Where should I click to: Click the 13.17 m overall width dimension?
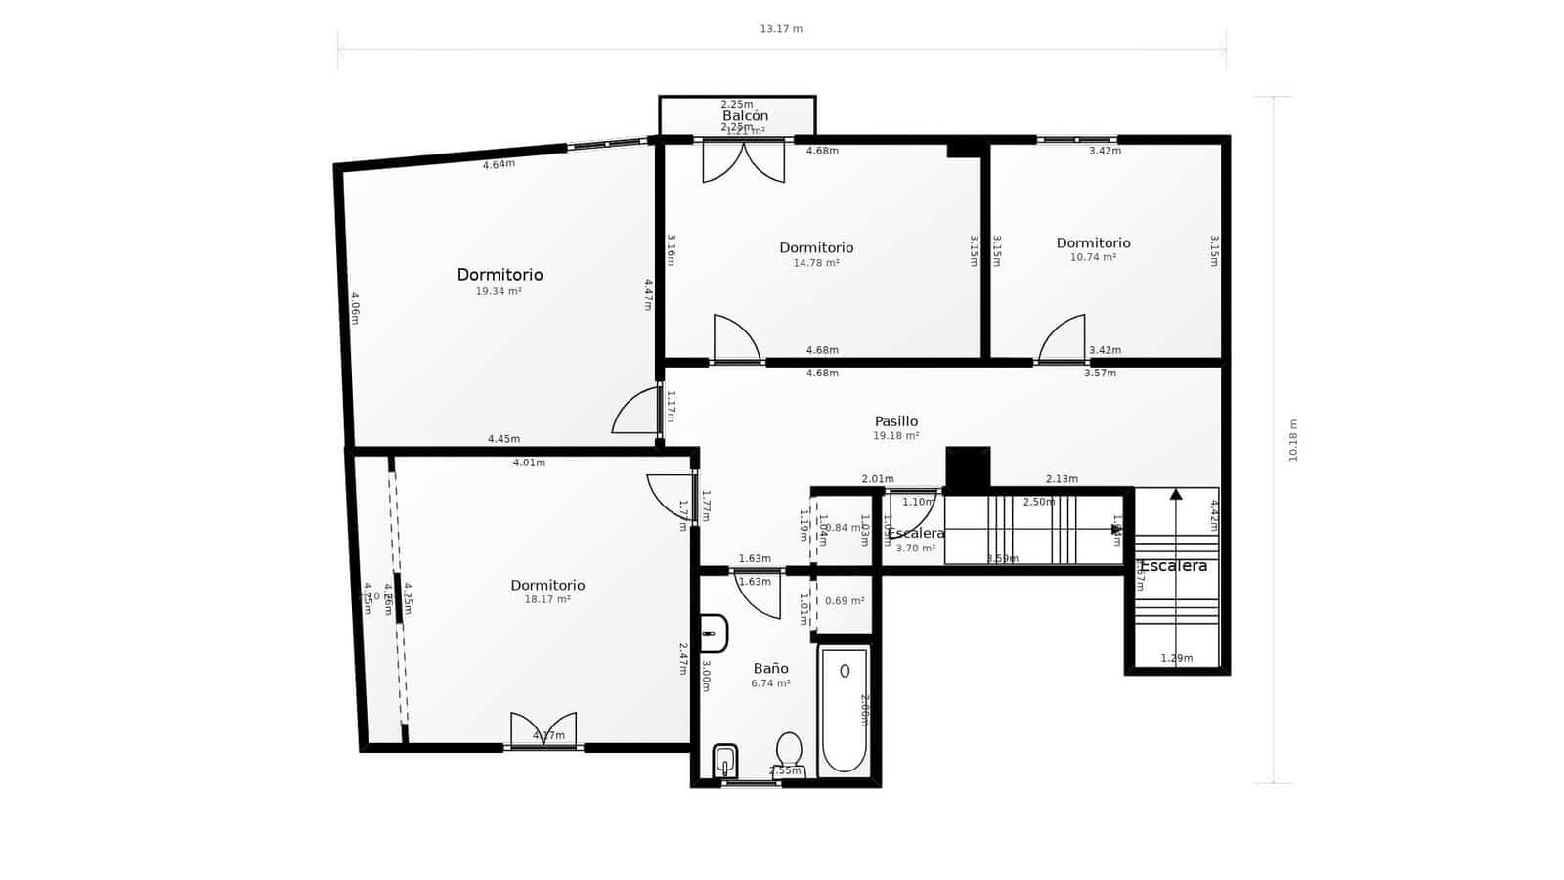coord(781,29)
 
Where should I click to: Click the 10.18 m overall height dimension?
coord(1293,440)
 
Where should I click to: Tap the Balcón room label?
coord(745,115)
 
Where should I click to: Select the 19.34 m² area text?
coord(499,291)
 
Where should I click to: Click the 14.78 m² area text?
coord(816,263)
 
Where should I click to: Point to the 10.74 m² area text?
coord(1093,258)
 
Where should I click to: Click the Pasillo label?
coord(895,421)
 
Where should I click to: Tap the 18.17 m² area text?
coord(547,600)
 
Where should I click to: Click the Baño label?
coord(770,669)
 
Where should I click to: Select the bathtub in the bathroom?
coord(845,710)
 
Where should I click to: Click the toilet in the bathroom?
coord(789,752)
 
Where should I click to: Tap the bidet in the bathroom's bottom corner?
coord(724,761)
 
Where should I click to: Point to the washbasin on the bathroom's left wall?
coord(714,634)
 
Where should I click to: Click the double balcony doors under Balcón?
coord(743,162)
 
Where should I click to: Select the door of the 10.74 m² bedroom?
coord(1063,339)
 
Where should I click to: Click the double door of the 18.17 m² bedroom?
coord(543,731)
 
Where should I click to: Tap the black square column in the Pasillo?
coord(968,467)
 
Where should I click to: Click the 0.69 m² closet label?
coord(843,601)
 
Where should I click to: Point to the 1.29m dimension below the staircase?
coord(1176,658)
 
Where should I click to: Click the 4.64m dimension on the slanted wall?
coord(499,164)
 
